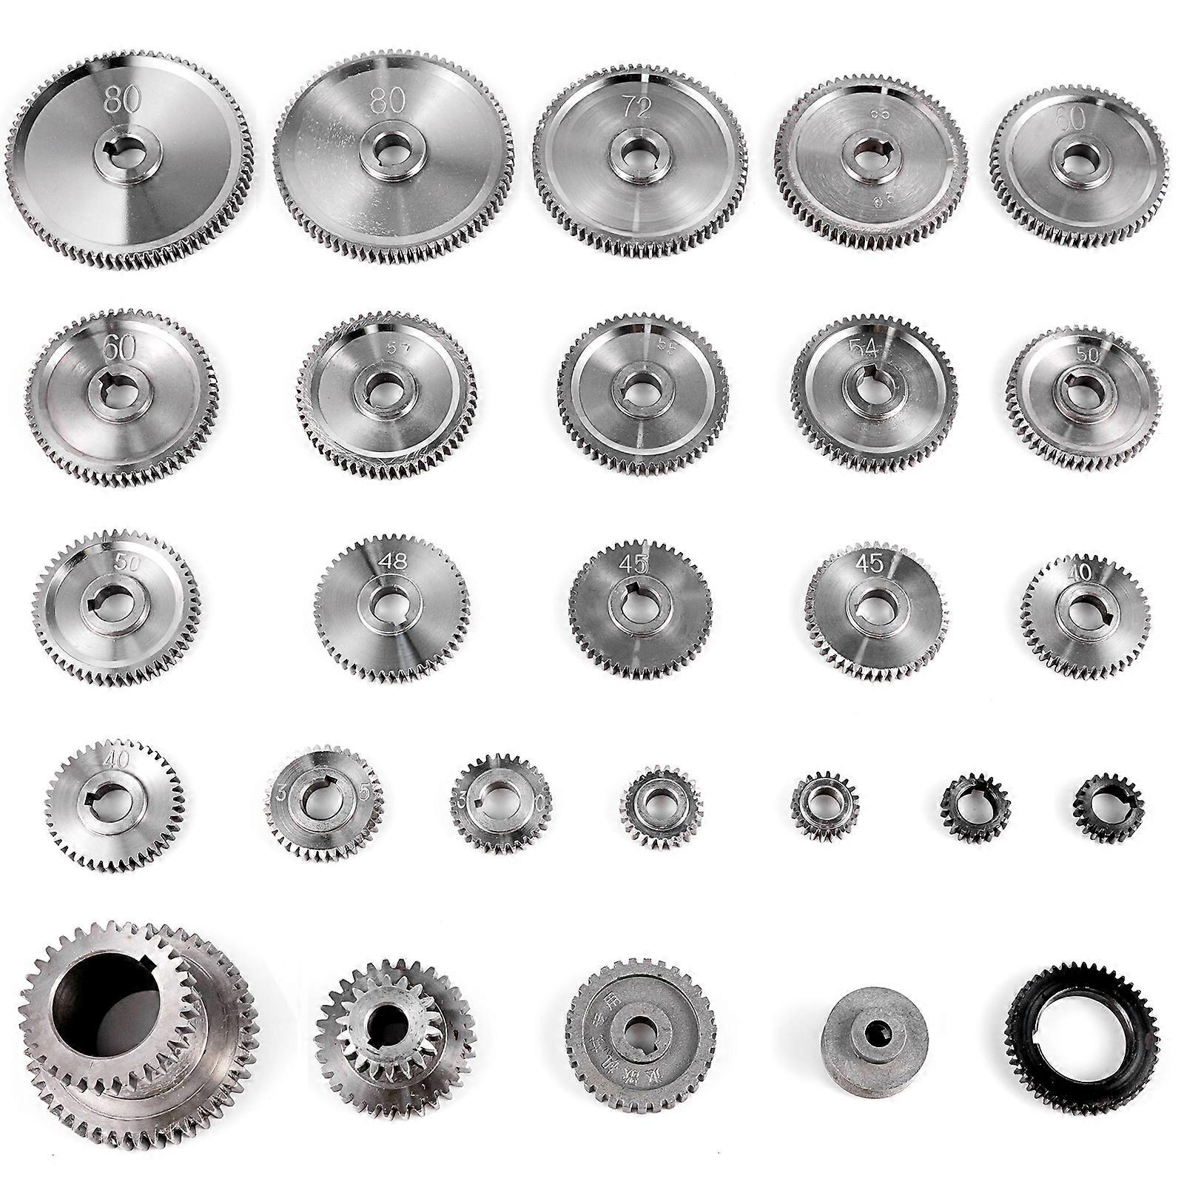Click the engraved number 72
(x=636, y=108)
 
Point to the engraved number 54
(x=861, y=350)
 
